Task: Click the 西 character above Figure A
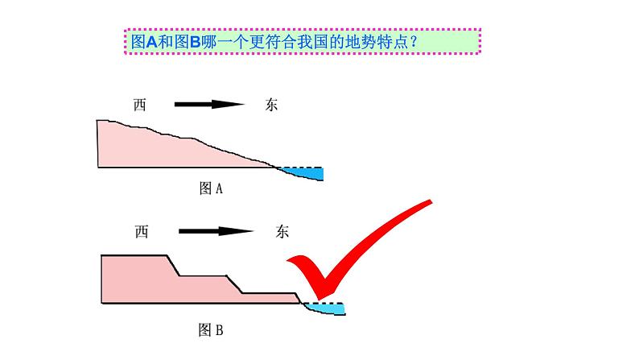tap(141, 104)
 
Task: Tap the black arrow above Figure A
tap(208, 104)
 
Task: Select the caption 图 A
tap(210, 188)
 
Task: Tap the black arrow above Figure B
tap(212, 231)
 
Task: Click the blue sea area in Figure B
tap(327, 309)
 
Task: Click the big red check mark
tap(354, 250)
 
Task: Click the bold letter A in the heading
tap(148, 40)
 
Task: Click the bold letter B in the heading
tap(194, 40)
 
